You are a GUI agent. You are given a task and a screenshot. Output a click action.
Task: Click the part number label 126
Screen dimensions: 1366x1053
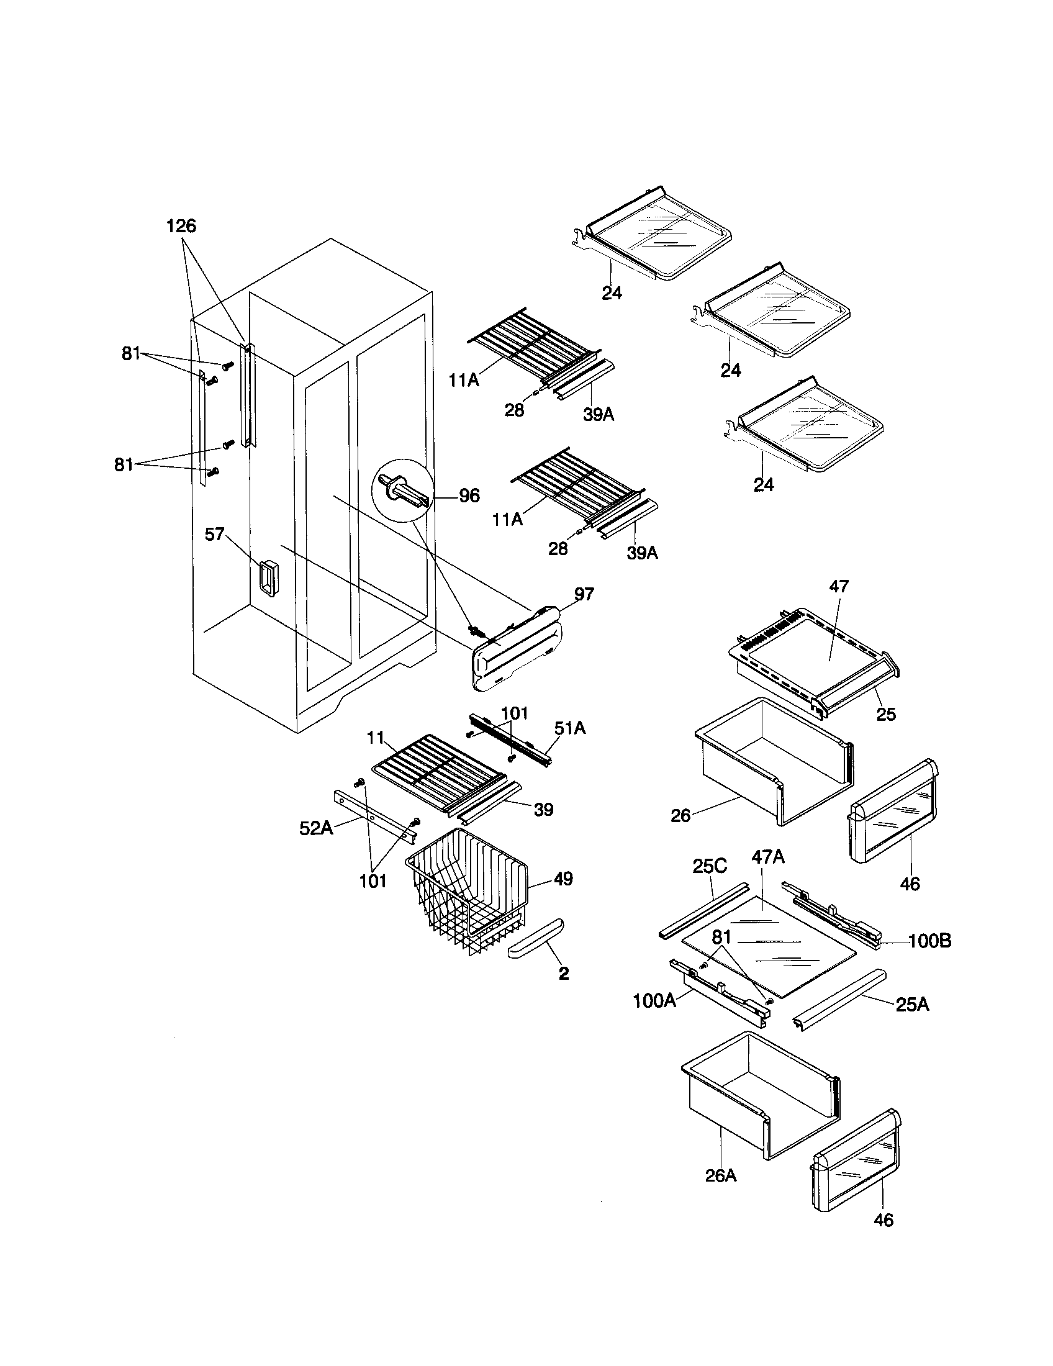click(x=181, y=226)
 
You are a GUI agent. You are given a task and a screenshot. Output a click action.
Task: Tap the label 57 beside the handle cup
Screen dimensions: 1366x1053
click(x=214, y=535)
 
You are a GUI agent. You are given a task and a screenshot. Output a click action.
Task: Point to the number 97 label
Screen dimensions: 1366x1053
click(x=584, y=594)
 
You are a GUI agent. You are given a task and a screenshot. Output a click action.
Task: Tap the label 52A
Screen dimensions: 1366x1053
click(x=315, y=828)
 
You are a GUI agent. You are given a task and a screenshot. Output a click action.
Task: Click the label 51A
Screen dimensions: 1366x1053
click(x=569, y=728)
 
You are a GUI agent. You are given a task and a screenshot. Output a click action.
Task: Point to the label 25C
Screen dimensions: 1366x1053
click(x=710, y=867)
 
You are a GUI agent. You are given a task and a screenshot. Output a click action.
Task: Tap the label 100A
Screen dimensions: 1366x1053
click(x=654, y=1001)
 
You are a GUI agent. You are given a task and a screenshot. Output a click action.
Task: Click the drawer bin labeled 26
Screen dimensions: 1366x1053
click(x=775, y=763)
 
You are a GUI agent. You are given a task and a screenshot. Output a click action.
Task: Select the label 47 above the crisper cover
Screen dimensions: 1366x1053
click(x=839, y=586)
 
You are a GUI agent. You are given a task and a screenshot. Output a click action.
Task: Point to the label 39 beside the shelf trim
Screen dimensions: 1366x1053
click(x=543, y=809)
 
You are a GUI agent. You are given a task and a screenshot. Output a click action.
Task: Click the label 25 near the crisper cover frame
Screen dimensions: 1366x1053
click(x=886, y=713)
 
